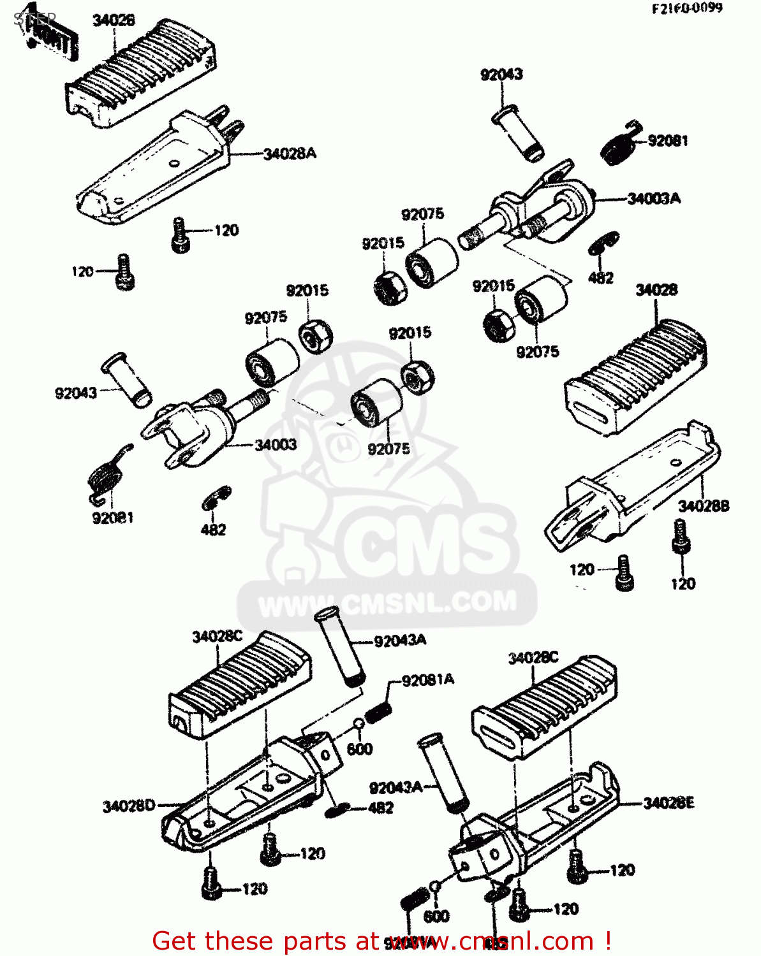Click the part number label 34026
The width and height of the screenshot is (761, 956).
[114, 20]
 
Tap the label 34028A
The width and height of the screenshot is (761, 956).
[290, 154]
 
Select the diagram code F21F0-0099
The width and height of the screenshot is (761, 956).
[686, 8]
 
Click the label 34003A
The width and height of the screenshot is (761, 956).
[653, 198]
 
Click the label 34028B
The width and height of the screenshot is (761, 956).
[703, 506]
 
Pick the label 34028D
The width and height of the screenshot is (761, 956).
[129, 806]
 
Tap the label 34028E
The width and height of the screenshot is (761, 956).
[669, 803]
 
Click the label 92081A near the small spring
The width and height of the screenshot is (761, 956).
[428, 680]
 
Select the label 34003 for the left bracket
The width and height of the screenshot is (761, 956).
[276, 444]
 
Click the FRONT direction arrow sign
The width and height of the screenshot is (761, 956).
[51, 39]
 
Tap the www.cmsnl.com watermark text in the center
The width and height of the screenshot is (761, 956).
[387, 603]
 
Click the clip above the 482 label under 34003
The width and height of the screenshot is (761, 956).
[216, 498]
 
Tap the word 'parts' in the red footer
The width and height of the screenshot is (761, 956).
[309, 941]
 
